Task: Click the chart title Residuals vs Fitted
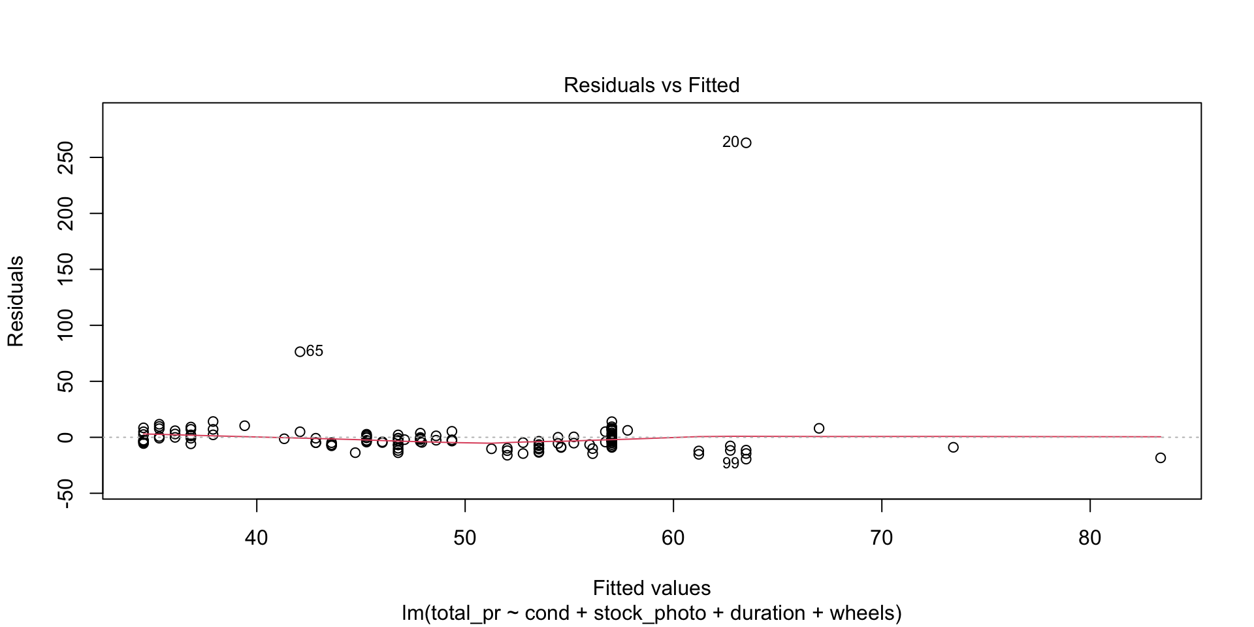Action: click(x=651, y=86)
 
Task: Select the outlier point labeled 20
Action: click(x=746, y=143)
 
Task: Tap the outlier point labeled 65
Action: click(x=300, y=351)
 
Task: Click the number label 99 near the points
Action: click(x=730, y=463)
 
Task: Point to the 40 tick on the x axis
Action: click(x=257, y=538)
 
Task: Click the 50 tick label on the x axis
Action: click(x=465, y=538)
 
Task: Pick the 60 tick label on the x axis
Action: click(x=673, y=538)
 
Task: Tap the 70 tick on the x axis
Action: click(x=882, y=538)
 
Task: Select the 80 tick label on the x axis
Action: click(x=1090, y=538)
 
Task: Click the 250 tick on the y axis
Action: click(x=66, y=157)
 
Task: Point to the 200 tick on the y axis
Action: click(x=66, y=214)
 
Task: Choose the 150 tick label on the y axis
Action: click(x=66, y=269)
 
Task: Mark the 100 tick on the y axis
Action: click(x=66, y=325)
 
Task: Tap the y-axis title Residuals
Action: click(x=16, y=301)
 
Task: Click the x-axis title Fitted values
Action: click(x=651, y=588)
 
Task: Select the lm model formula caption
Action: click(x=651, y=613)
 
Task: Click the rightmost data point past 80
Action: click(x=1161, y=458)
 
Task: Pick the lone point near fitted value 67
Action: click(x=819, y=428)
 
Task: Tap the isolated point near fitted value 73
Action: click(x=953, y=447)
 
